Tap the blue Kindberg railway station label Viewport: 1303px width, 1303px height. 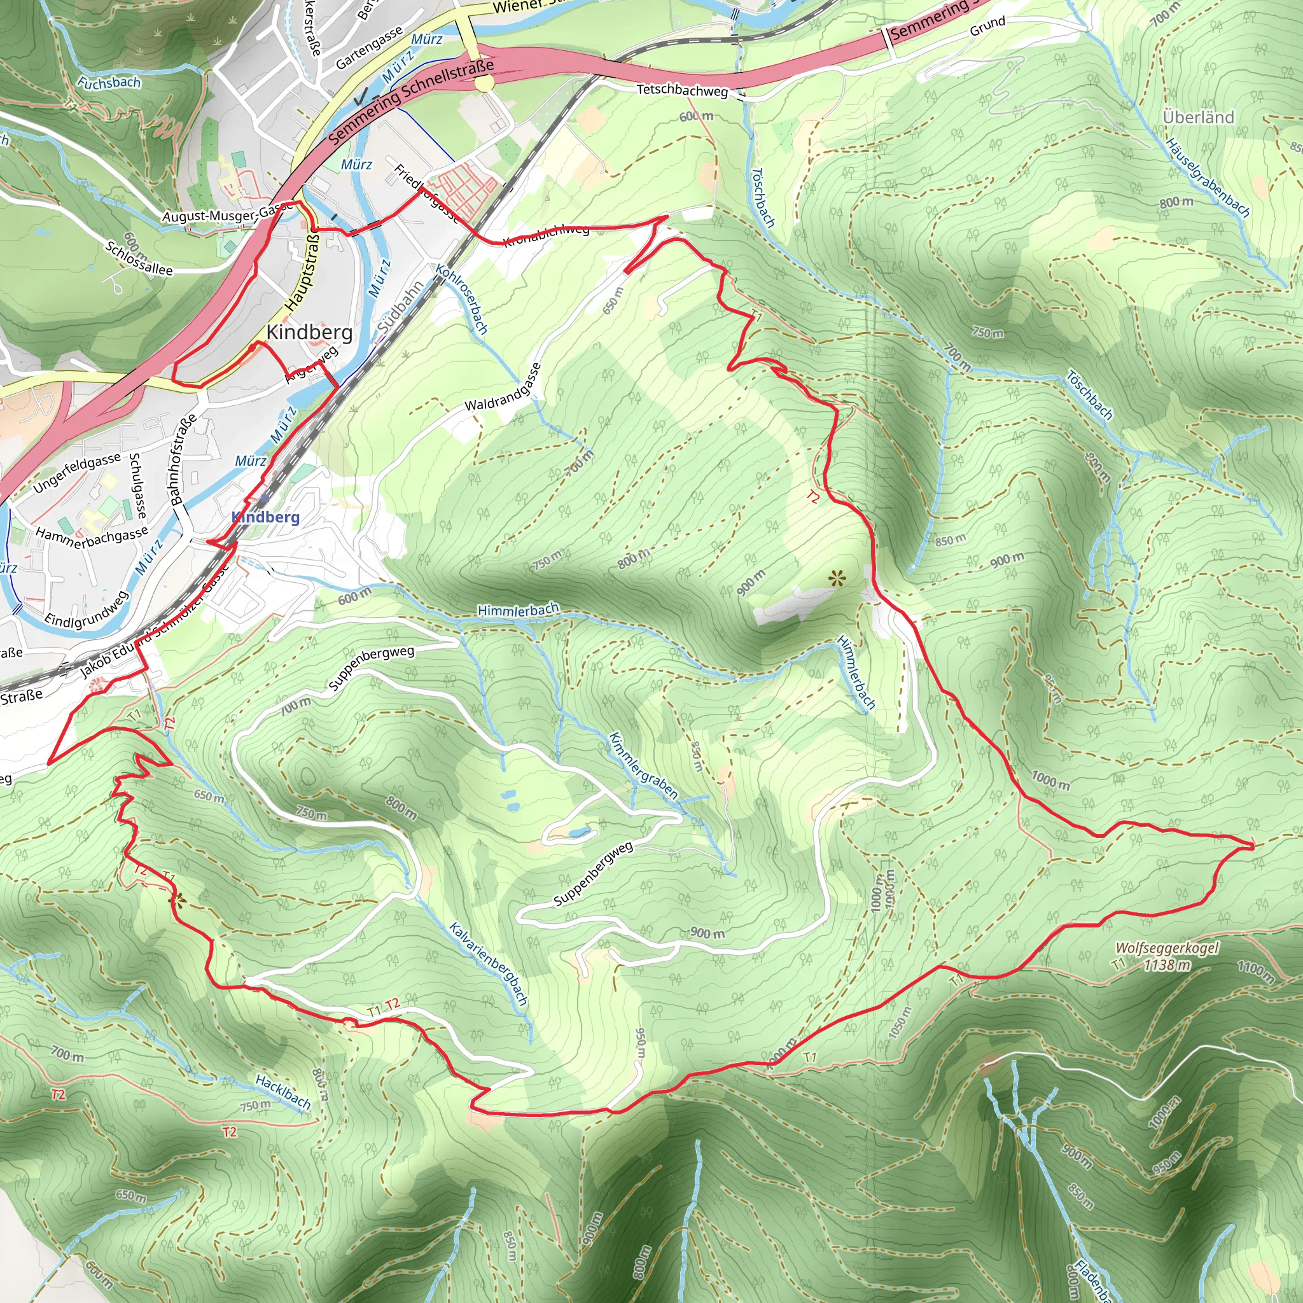[x=266, y=517]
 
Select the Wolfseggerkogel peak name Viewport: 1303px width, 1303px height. [x=1167, y=948]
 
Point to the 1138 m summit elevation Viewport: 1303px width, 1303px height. [x=1167, y=965]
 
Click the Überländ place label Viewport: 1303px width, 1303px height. [x=1198, y=117]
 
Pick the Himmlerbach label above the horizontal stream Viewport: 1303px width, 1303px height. [x=518, y=610]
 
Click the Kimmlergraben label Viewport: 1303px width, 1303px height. [x=643, y=765]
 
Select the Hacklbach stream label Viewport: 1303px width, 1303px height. [x=283, y=1092]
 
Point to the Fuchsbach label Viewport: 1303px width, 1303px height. [x=109, y=83]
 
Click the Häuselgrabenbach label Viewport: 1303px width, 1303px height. [x=1208, y=178]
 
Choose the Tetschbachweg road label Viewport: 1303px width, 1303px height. [x=683, y=90]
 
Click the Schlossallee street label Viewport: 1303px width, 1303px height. [x=139, y=258]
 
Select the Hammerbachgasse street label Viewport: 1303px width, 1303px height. [x=92, y=537]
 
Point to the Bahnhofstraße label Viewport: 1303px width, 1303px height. [x=183, y=459]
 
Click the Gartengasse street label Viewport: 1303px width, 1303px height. [x=370, y=47]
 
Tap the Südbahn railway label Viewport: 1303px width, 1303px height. [x=400, y=305]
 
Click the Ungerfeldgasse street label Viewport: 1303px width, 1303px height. [x=77, y=472]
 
